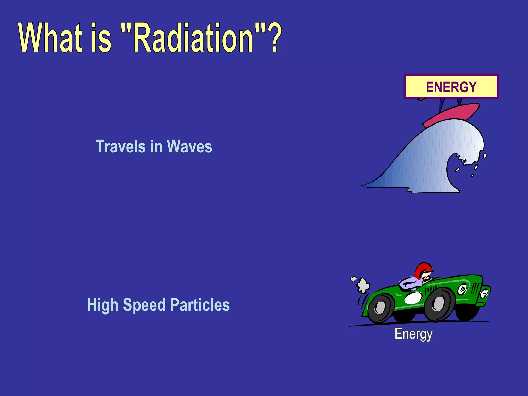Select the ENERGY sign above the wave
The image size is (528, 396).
(x=451, y=87)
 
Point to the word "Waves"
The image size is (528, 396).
(x=189, y=146)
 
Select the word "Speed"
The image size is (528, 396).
(x=144, y=305)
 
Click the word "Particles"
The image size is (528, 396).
(x=200, y=305)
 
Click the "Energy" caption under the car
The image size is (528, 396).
(x=414, y=334)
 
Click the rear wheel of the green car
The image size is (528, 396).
(x=381, y=308)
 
